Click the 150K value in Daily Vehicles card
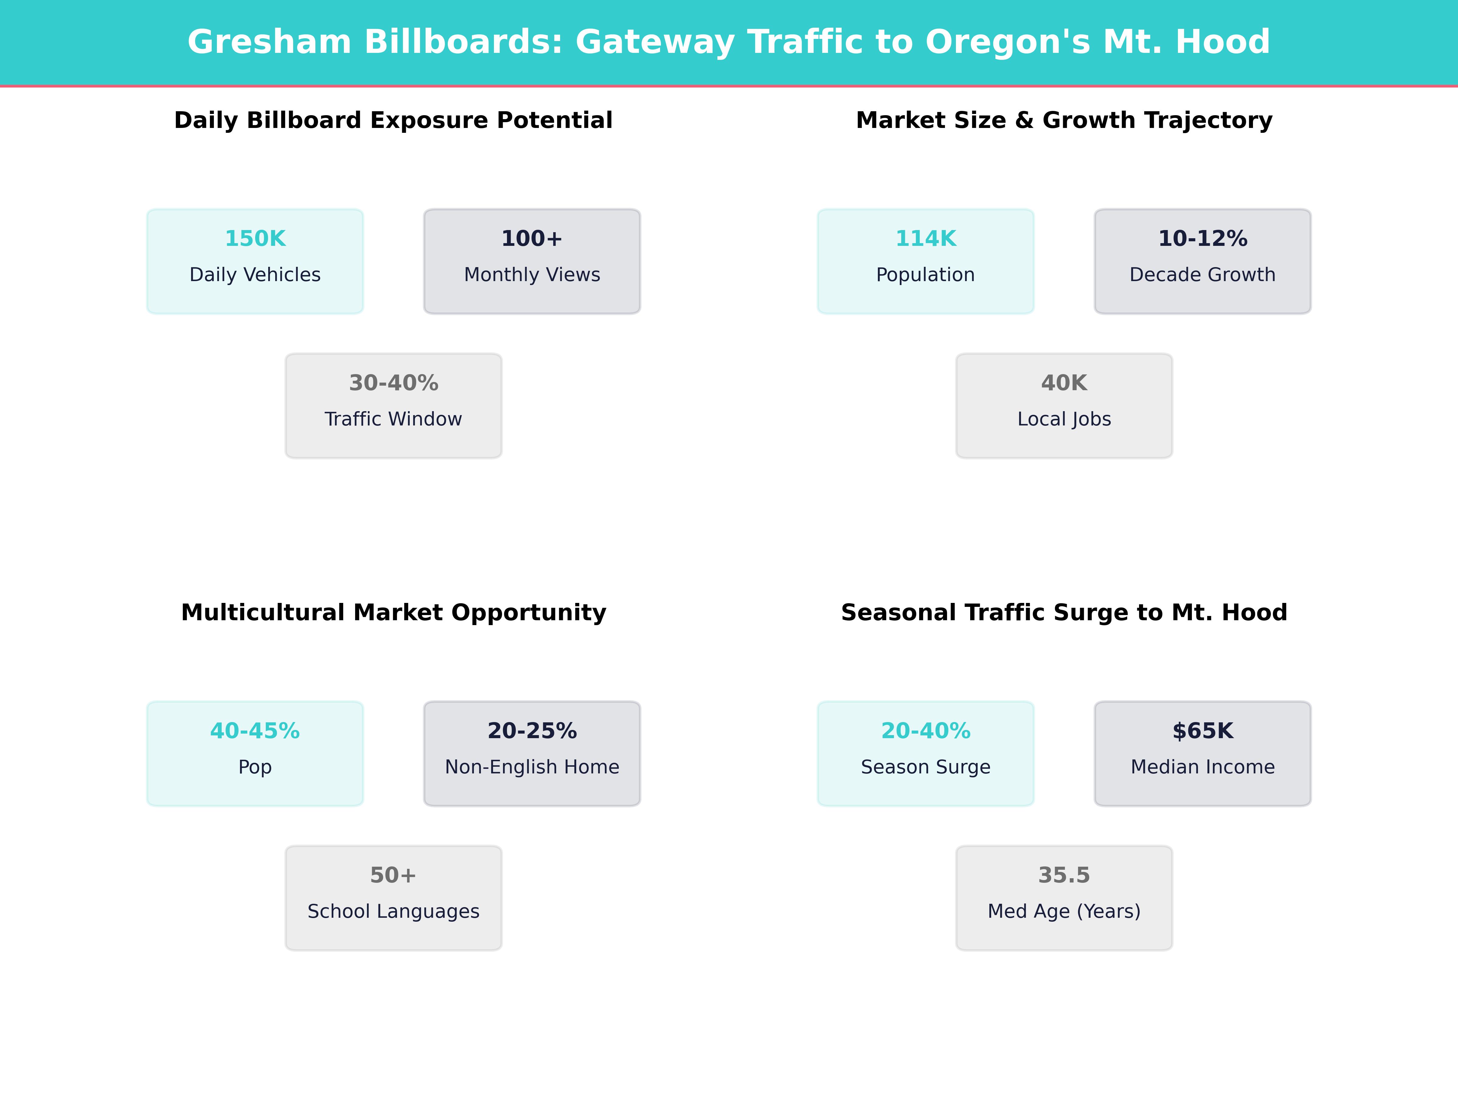tap(255, 239)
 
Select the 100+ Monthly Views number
tap(532, 239)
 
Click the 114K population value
tap(926, 239)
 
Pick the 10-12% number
tap(1202, 239)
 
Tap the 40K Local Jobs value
tap(1064, 383)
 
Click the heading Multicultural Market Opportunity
tap(393, 613)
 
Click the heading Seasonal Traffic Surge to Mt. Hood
tap(1064, 613)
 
